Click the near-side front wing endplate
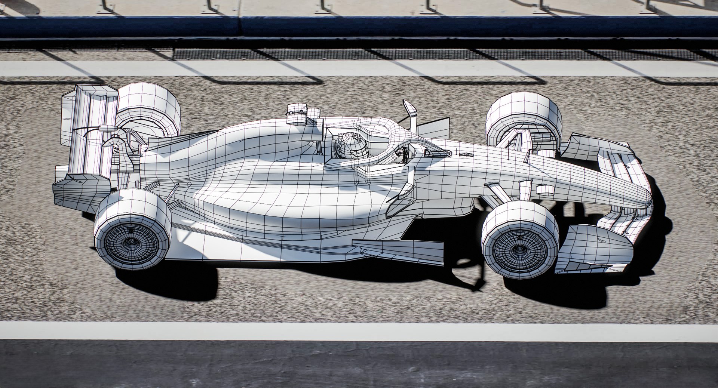click(591, 243)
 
